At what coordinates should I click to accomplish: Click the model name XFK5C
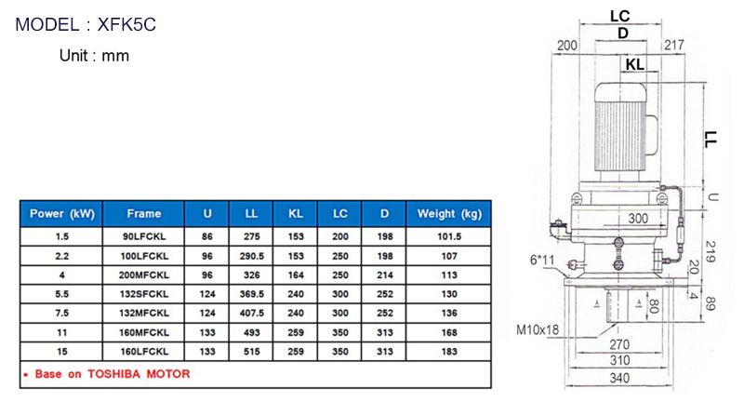(x=126, y=25)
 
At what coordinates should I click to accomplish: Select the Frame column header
(x=144, y=214)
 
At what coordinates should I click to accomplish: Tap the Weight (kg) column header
(x=449, y=214)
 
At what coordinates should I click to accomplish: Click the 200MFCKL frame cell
(x=144, y=275)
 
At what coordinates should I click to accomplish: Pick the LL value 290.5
(x=251, y=256)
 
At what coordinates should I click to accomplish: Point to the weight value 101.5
(x=449, y=236)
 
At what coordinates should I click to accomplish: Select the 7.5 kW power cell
(x=61, y=314)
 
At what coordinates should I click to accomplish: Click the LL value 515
(x=251, y=352)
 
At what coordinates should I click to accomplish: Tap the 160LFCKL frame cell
(x=144, y=352)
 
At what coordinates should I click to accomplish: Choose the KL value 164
(x=296, y=275)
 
